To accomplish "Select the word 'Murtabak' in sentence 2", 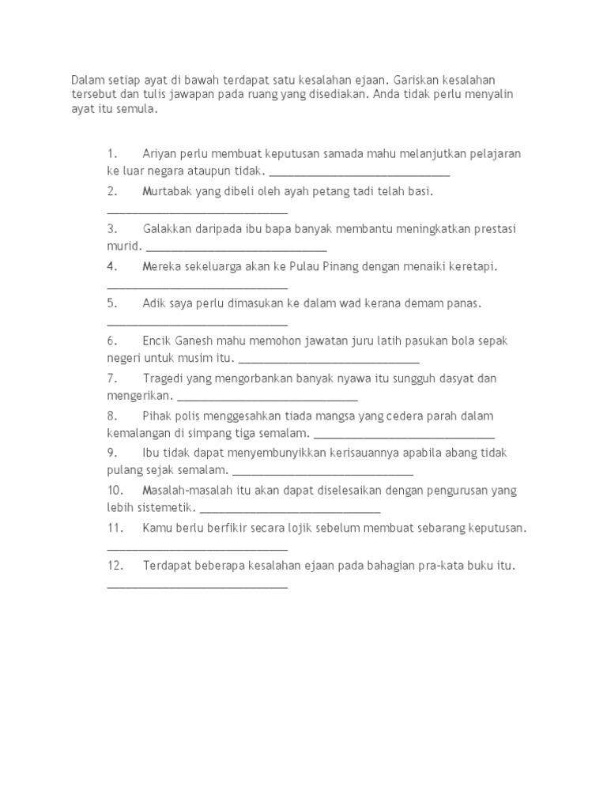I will click(168, 191).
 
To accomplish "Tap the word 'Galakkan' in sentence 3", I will click(168, 229).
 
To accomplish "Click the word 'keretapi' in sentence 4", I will click(472, 266).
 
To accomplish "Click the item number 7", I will click(112, 378).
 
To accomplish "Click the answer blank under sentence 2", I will click(197, 210).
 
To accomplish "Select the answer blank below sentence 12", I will click(197, 585).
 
